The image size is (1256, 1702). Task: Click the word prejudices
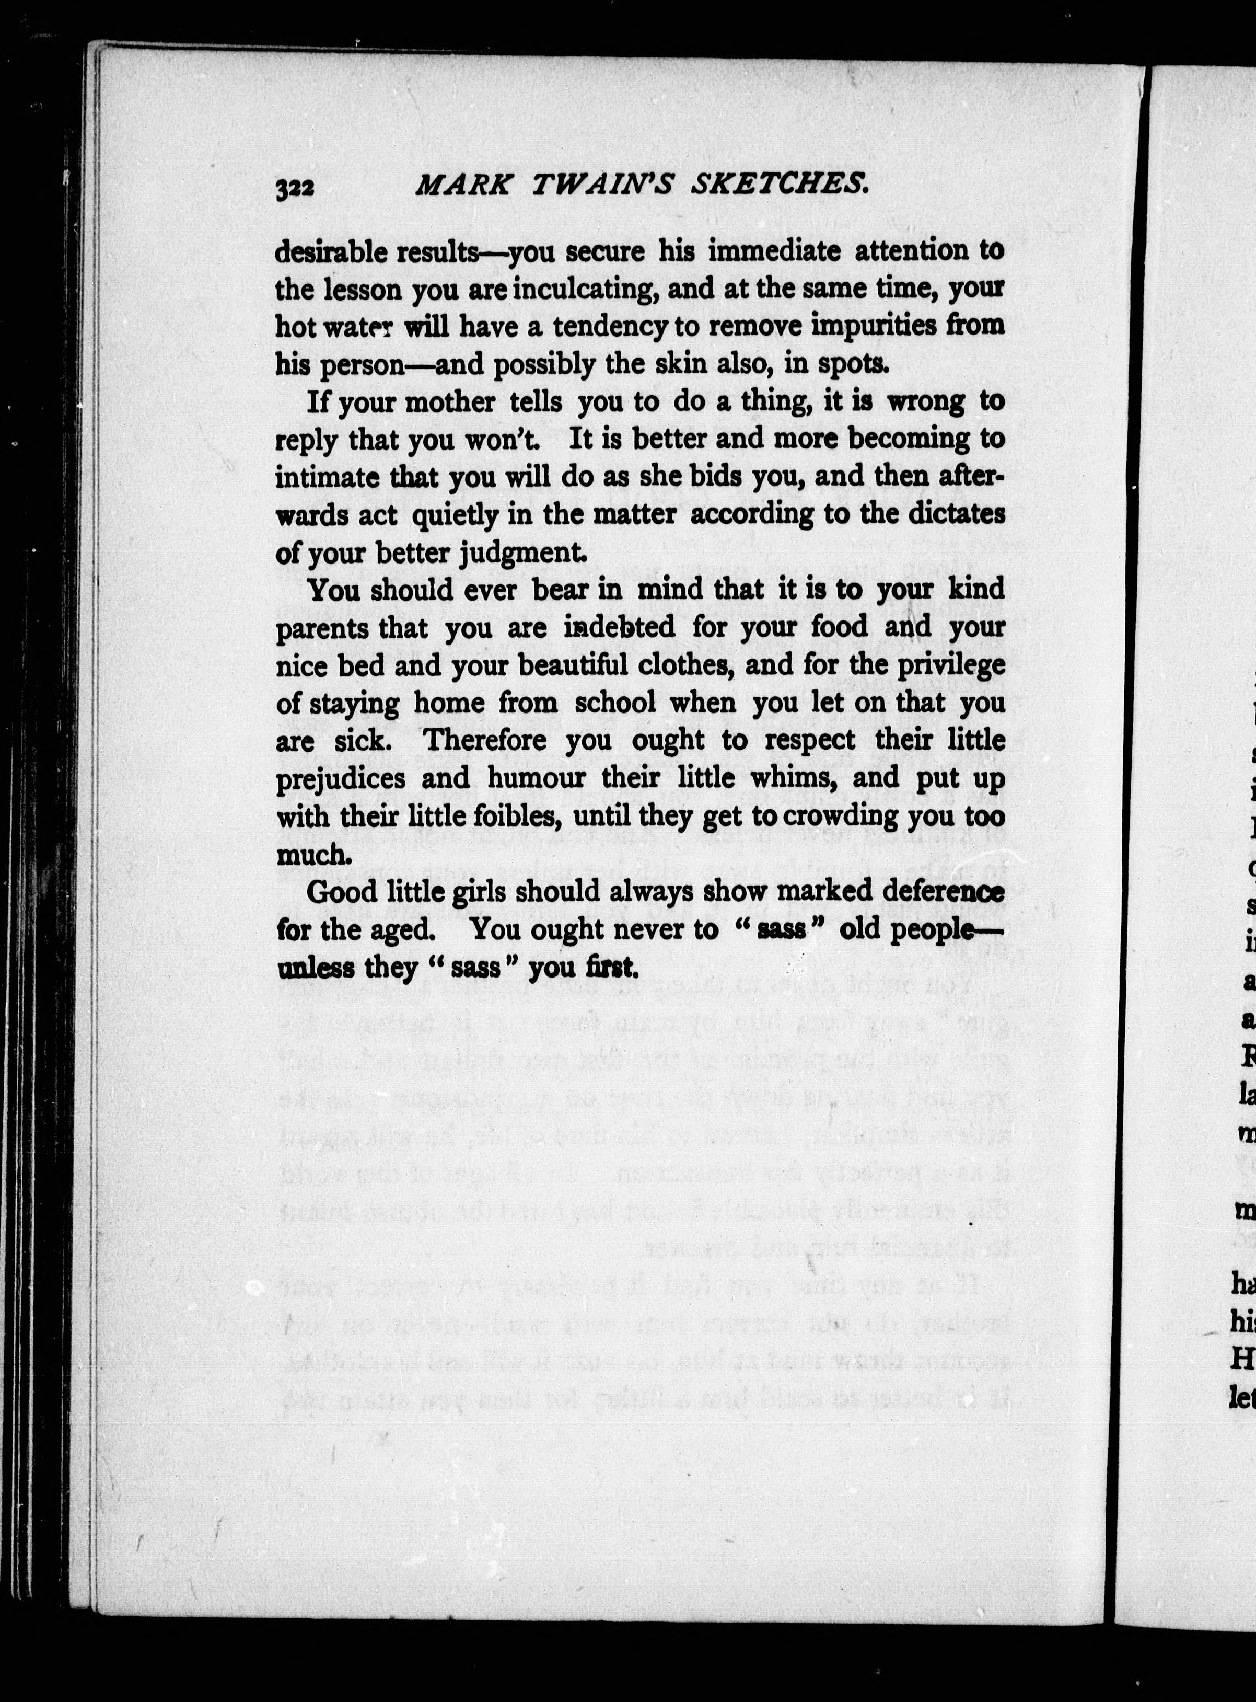pos(341,779)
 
